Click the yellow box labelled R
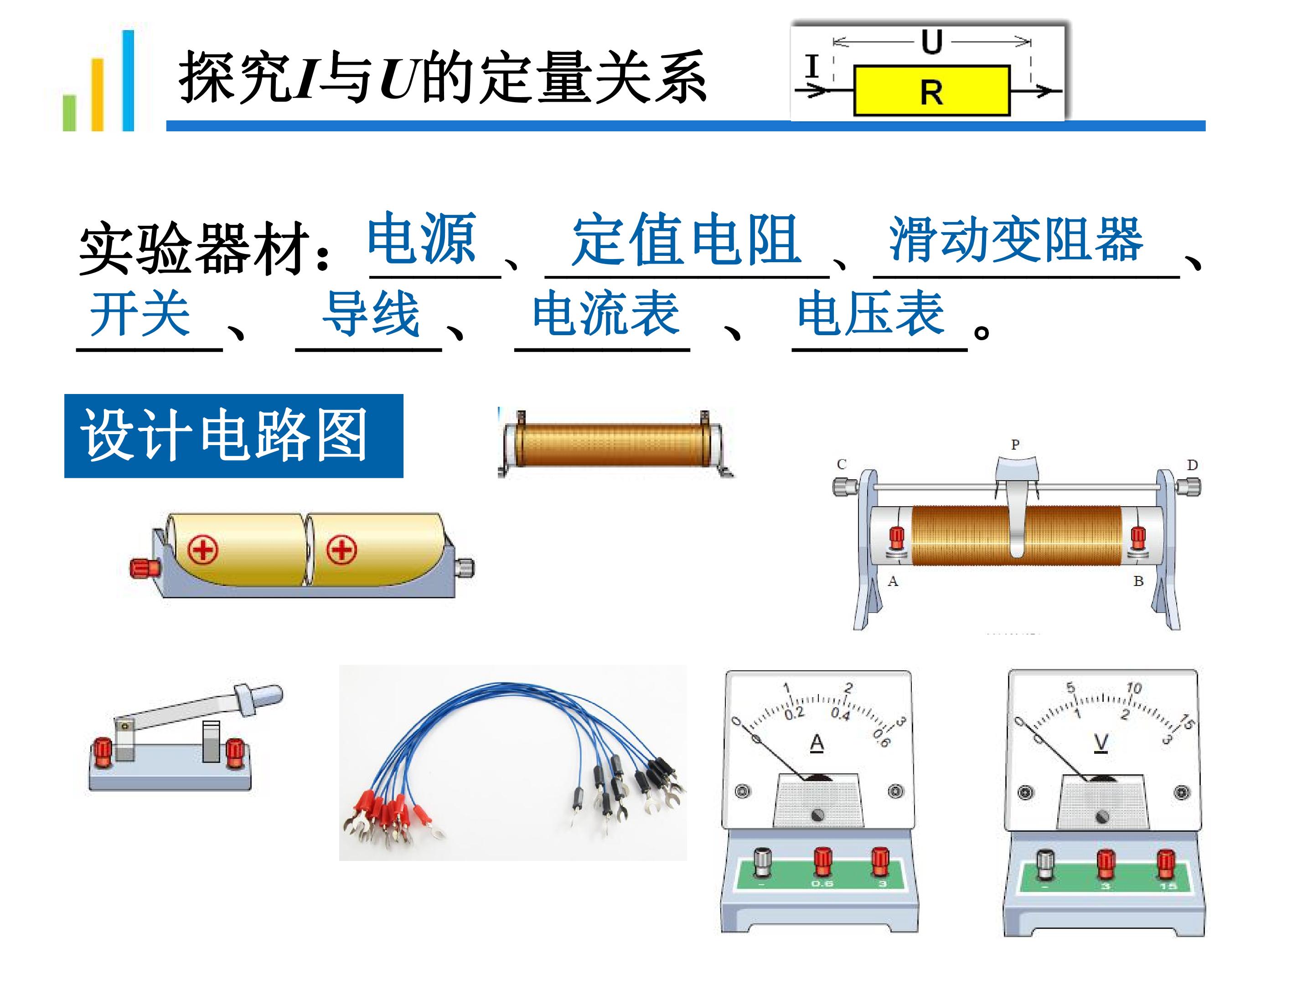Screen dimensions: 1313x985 tap(931, 90)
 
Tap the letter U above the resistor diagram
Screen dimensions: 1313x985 tap(931, 41)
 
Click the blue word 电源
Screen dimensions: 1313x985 tap(422, 238)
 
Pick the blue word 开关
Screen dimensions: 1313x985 tap(140, 313)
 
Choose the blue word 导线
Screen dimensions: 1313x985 tap(371, 313)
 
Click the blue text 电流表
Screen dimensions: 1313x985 tap(606, 313)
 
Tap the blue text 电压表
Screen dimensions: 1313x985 tap(871, 313)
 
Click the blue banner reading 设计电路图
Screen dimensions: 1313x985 tap(234, 436)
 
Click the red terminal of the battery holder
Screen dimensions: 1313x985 tap(144, 568)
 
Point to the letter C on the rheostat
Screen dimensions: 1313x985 tap(841, 464)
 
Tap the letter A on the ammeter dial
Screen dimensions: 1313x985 tap(817, 743)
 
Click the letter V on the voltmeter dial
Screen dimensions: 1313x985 tap(1101, 743)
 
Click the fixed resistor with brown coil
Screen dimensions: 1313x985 tap(615, 444)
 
